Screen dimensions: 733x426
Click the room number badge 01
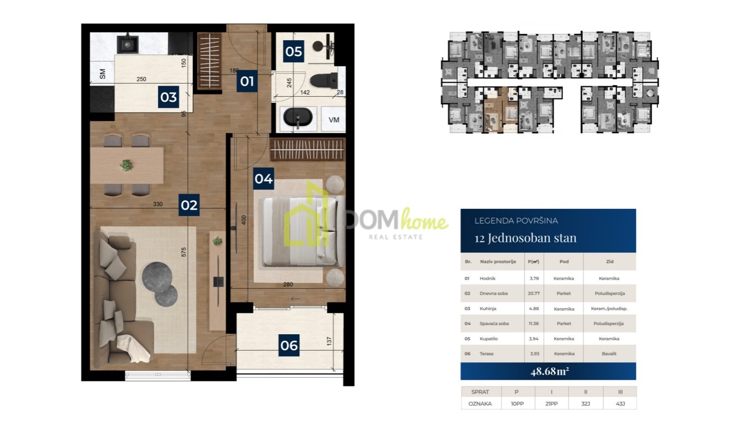247,81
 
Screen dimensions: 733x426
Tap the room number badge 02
189,205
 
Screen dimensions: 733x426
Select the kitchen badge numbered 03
168,97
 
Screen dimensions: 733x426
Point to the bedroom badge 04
264,179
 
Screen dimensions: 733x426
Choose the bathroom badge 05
293,51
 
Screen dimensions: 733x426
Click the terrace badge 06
289,345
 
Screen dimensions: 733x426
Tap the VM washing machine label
334,120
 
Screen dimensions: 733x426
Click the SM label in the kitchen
102,74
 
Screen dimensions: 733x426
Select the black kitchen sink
128,44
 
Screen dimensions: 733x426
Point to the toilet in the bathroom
324,80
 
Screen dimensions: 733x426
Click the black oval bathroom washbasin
298,117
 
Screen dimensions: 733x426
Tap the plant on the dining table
127,165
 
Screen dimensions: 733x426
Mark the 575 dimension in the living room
184,252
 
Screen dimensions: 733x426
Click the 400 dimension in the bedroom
243,220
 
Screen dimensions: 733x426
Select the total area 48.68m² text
550,371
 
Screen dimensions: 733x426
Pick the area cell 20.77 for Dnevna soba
534,294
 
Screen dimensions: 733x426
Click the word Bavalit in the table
609,354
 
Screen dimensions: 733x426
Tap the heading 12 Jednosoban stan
526,237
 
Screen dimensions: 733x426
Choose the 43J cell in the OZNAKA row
620,404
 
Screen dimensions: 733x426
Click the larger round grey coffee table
157,277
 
